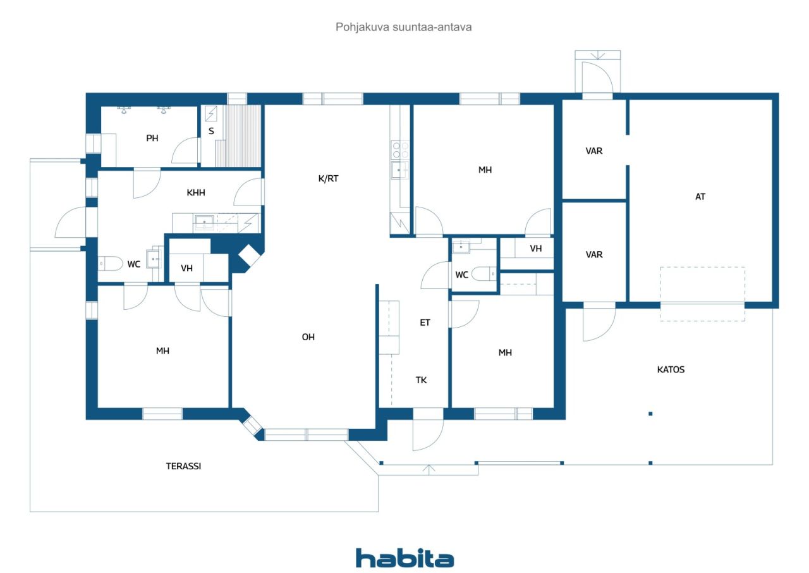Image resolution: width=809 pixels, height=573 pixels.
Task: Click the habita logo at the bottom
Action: coord(404,558)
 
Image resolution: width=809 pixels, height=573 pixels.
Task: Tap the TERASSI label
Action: coord(183,466)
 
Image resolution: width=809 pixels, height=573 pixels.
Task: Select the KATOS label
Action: coord(671,369)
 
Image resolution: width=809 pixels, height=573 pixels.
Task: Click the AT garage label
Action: coord(700,197)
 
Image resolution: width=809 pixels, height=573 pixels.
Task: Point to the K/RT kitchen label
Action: coord(328,178)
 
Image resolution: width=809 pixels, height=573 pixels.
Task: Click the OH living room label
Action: coord(308,337)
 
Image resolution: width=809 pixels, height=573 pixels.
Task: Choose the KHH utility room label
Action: coord(196,192)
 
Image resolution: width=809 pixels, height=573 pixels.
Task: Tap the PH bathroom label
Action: coord(152,138)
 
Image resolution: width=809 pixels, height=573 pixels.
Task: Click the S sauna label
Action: coord(211,131)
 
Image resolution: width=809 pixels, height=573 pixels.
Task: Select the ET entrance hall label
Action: coord(425,323)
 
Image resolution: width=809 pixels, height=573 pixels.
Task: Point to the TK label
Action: coord(421,380)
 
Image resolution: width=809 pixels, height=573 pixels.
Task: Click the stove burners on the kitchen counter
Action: coord(401,150)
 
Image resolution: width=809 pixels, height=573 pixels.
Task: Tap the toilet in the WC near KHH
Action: coord(111,264)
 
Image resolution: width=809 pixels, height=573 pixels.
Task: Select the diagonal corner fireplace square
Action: coord(249,256)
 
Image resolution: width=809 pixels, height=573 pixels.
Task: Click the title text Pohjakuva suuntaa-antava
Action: coord(403,27)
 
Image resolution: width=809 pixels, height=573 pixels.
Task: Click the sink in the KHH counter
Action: coord(204,221)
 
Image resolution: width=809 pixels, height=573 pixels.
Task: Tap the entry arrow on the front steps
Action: coord(429,469)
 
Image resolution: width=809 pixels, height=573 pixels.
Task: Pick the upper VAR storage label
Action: coord(593,151)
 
